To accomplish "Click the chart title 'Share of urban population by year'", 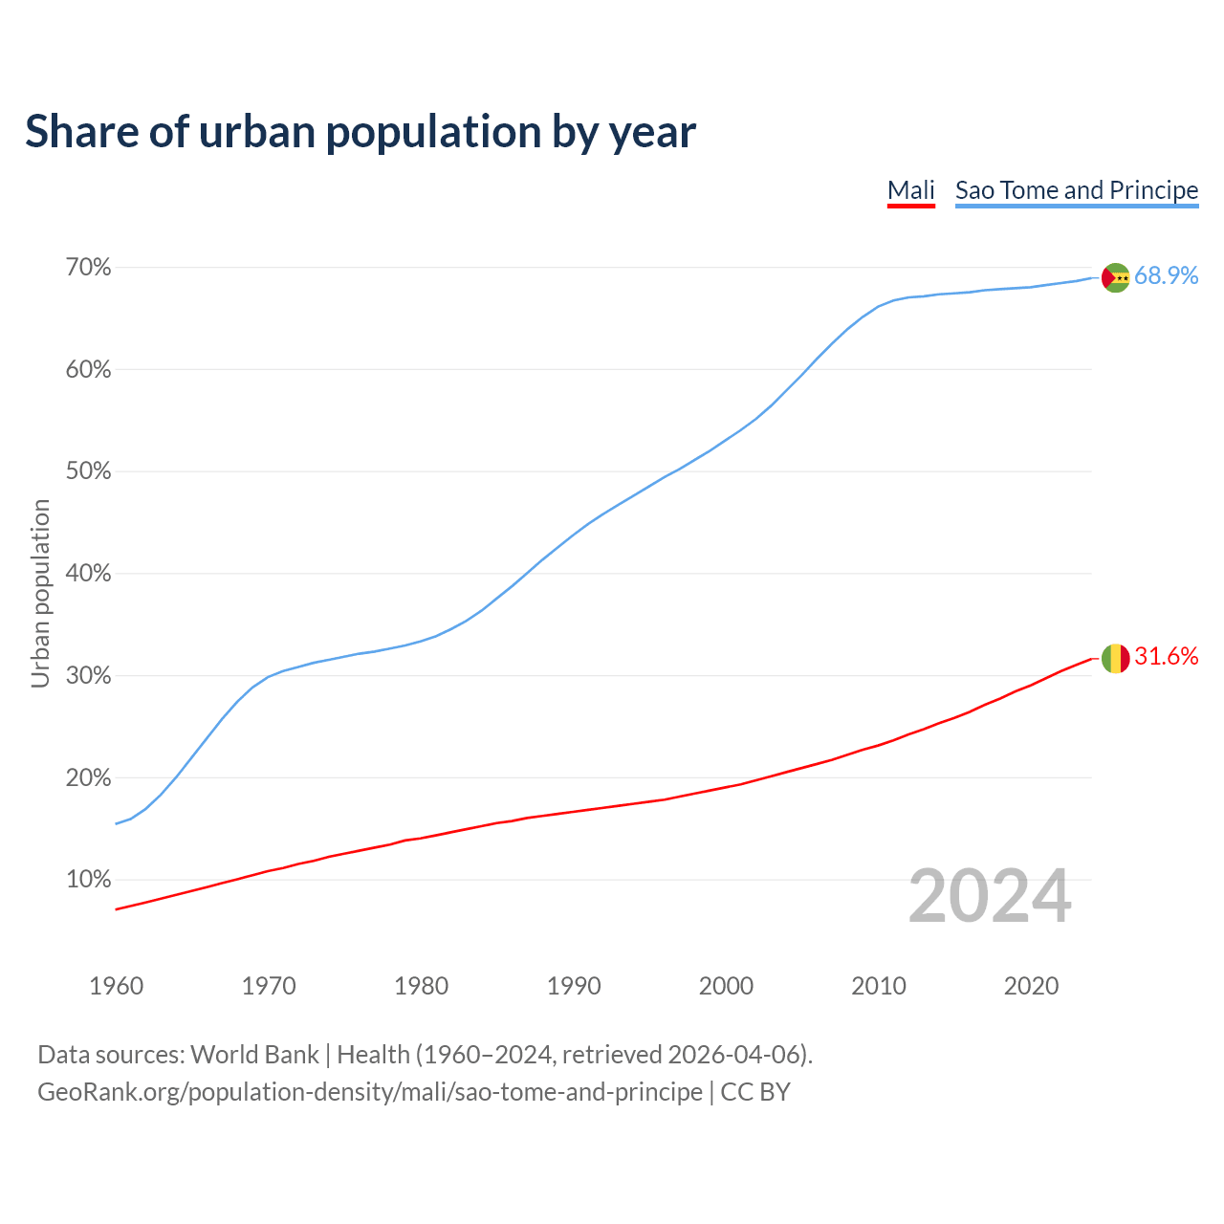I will click(361, 131).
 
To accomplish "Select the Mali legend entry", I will click(910, 190).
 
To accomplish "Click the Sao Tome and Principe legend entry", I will click(1076, 190).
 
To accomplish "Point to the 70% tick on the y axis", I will click(88, 268).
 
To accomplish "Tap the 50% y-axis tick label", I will click(88, 471).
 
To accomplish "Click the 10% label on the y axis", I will click(88, 880).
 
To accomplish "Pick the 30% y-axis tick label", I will click(88, 676).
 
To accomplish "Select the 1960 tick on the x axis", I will click(116, 986).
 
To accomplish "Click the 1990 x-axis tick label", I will click(574, 986).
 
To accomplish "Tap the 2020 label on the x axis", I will click(1031, 986).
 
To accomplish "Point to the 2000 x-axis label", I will click(726, 986).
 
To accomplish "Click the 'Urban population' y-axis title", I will click(40, 593).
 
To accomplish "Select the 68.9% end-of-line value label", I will click(1166, 276).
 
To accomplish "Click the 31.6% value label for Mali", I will click(1166, 657).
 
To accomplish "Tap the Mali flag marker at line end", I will click(1115, 658).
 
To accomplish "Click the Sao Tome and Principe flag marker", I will click(1115, 277).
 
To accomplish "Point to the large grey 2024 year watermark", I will click(990, 896).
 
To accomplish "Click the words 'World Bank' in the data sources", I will click(254, 1055).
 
